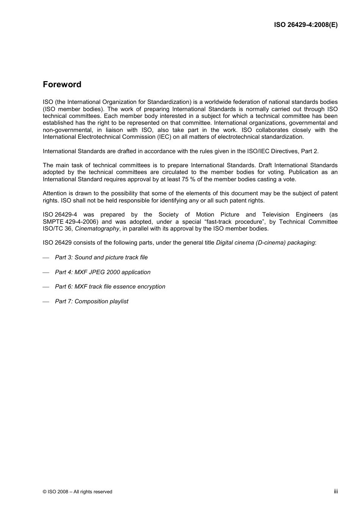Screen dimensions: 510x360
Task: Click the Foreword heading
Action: click(62, 85)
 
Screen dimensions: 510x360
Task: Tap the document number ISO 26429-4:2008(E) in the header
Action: click(306, 25)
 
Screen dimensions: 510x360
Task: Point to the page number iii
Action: click(336, 491)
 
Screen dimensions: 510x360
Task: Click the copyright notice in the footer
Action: click(77, 492)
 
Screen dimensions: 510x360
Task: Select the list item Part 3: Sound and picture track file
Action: click(101, 257)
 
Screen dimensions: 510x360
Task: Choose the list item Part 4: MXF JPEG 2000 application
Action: click(102, 272)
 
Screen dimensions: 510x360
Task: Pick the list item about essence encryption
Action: click(110, 287)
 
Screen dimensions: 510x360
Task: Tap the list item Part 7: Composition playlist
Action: click(91, 301)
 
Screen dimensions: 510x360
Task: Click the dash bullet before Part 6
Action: click(46, 287)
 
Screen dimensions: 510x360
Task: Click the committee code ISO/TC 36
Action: click(58, 229)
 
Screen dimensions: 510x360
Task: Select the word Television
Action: click(276, 215)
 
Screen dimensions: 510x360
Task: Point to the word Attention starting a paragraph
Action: click(55, 193)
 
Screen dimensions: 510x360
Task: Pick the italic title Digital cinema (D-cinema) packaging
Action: click(265, 243)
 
